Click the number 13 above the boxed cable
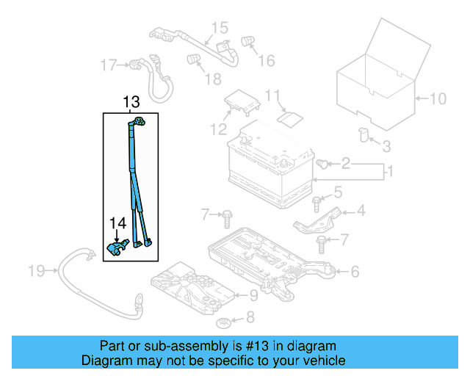[131, 102]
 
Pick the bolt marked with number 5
[317, 200]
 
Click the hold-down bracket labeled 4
[319, 218]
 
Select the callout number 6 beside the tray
[355, 272]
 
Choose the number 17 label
[109, 65]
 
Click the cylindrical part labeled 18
[194, 59]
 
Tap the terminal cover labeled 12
[241, 103]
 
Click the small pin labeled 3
[363, 134]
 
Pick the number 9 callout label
[253, 296]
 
